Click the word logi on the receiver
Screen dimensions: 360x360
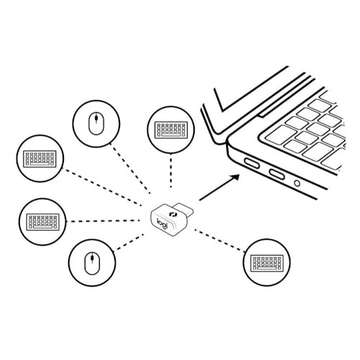pyautogui.click(x=162, y=223)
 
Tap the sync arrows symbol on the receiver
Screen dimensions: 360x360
pyautogui.click(x=172, y=213)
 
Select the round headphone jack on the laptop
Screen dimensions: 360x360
pyautogui.click(x=297, y=183)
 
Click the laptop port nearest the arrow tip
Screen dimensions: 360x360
pyautogui.click(x=251, y=164)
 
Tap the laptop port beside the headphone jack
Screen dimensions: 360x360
pyautogui.click(x=277, y=175)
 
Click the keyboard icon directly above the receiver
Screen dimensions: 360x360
pyautogui.click(x=170, y=130)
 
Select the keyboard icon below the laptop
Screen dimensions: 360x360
pyautogui.click(x=267, y=263)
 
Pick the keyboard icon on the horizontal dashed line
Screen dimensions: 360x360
pyautogui.click(x=42, y=222)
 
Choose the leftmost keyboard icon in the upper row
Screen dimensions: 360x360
pyautogui.click(x=40, y=159)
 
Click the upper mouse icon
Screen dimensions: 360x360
pyautogui.click(x=96, y=124)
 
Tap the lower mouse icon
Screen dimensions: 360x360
pyautogui.click(x=93, y=263)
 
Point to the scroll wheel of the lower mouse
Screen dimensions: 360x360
pyautogui.click(x=93, y=258)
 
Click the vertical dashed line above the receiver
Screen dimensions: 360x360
pyautogui.click(x=171, y=171)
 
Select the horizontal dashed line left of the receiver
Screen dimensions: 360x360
pyautogui.click(x=103, y=221)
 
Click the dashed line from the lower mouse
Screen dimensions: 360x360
pyautogui.click(x=129, y=243)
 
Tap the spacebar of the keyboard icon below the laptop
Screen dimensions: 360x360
pyautogui.click(x=267, y=268)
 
